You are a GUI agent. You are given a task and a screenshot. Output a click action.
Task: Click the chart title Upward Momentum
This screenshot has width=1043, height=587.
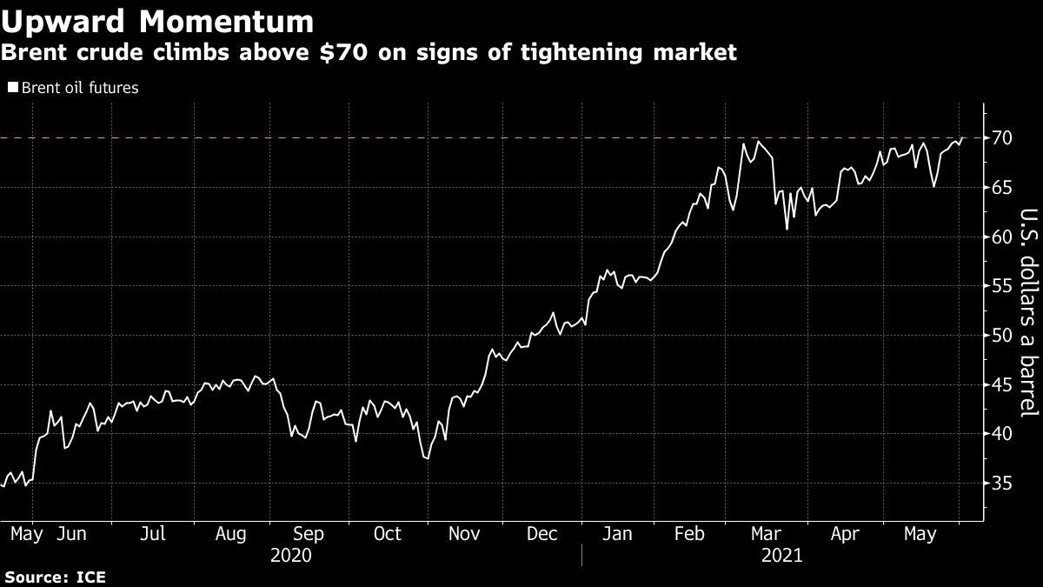(157, 21)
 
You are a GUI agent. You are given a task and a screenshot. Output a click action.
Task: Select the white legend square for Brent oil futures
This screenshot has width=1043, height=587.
(12, 87)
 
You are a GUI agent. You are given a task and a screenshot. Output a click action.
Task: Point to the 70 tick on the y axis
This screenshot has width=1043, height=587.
(1001, 138)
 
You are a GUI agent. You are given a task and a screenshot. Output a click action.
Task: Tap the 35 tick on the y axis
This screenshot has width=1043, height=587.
(1001, 484)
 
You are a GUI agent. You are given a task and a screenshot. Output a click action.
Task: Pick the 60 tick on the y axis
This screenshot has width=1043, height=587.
(1001, 237)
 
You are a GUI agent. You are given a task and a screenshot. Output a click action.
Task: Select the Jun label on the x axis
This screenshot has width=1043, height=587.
(71, 533)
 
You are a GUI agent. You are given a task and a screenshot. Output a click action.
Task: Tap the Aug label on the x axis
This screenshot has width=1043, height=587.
(230, 533)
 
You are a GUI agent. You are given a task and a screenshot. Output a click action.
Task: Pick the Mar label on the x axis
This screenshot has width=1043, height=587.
(766, 533)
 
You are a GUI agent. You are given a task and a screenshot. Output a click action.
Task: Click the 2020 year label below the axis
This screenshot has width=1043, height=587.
(290, 555)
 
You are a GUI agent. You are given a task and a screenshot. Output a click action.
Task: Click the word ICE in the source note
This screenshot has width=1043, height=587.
(91, 577)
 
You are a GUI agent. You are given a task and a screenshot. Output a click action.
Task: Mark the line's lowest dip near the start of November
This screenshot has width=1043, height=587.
(426, 458)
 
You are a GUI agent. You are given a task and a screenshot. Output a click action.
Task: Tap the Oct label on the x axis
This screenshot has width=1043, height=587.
(388, 533)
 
